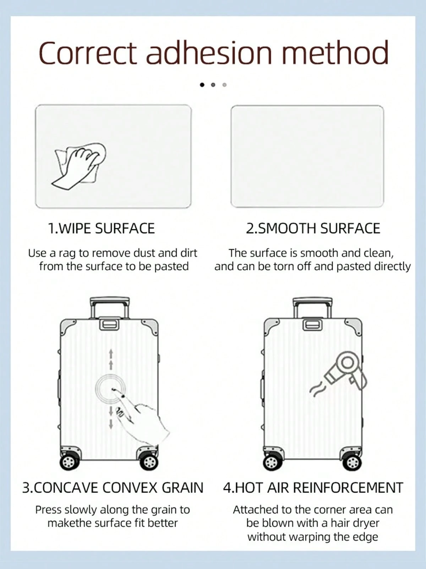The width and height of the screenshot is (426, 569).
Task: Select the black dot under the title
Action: click(202, 85)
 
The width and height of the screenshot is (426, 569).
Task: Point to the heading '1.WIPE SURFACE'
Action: click(102, 228)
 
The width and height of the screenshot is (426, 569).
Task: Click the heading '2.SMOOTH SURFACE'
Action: click(313, 228)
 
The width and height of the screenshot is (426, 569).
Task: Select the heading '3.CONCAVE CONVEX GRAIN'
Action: click(113, 488)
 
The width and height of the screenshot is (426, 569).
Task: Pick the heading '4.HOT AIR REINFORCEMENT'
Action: click(313, 488)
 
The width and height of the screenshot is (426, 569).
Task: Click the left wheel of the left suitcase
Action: click(69, 462)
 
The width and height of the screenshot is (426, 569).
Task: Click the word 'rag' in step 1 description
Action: click(67, 254)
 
